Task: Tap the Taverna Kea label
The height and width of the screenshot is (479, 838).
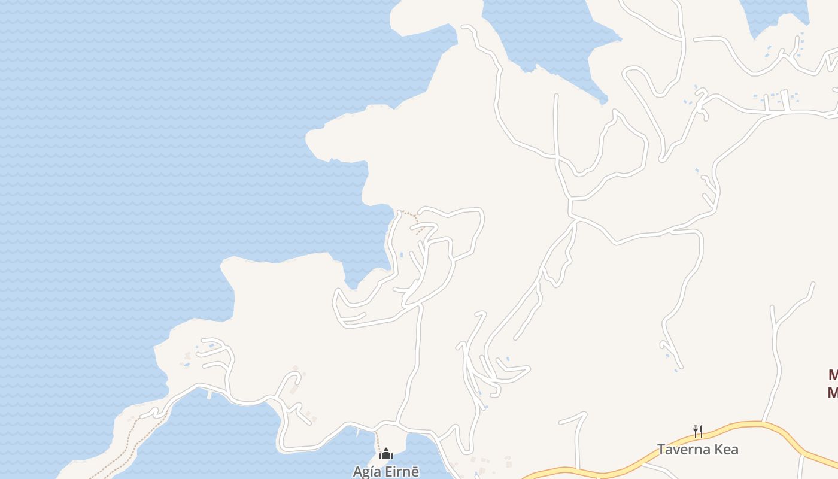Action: coord(697,449)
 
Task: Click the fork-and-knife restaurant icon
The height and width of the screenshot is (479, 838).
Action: coord(697,431)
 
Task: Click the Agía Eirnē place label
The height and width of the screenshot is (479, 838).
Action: coord(386,471)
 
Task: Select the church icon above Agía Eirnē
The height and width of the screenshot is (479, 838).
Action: coord(386,454)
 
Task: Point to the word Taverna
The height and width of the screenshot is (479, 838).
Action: coord(683,449)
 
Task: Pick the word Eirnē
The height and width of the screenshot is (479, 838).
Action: coord(402,471)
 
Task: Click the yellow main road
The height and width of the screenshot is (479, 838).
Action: coord(748,425)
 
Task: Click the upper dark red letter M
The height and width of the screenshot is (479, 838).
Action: coord(833,375)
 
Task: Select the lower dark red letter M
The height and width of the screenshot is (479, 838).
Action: coord(833,393)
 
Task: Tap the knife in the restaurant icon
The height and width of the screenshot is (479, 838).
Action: coord(700,431)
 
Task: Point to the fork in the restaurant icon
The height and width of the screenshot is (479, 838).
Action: coord(695,431)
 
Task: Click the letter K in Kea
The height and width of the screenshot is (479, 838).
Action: coord(715,449)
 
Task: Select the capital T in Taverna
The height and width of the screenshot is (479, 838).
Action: coord(661,449)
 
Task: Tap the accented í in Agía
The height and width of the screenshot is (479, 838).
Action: coord(373,471)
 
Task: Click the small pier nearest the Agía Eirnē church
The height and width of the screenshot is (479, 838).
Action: coord(359,431)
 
